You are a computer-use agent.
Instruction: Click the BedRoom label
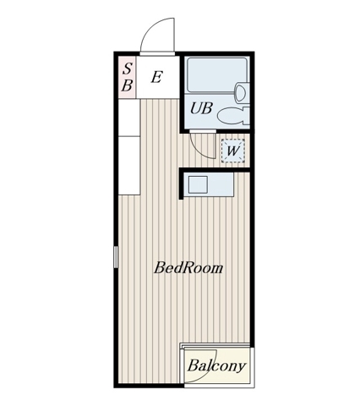188,268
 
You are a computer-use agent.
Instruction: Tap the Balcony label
216,366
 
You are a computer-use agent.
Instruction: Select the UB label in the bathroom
201,108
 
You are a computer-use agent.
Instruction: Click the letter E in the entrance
157,77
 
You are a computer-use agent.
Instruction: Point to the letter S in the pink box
128,69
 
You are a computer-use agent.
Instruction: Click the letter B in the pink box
127,85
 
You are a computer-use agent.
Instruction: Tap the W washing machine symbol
233,151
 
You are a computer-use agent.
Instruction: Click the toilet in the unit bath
234,116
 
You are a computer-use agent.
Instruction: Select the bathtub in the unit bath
217,74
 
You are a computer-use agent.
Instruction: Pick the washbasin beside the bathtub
243,92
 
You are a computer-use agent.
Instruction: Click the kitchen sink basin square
198,184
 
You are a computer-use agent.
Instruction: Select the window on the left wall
116,257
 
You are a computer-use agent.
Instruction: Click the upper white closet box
129,118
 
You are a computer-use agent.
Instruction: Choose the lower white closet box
129,166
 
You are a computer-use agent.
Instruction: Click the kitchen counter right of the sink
221,184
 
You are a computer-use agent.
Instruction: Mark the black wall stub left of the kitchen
182,184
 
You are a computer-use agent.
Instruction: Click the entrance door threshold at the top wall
157,53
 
